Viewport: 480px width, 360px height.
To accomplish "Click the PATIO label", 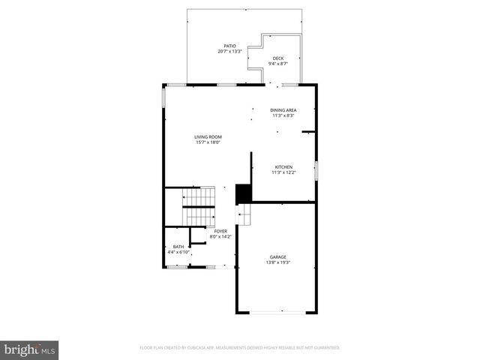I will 229,46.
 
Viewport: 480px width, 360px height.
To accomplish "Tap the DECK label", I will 277,58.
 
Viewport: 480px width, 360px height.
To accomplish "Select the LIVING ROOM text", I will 208,136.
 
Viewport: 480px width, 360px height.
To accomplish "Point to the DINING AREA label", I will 283,110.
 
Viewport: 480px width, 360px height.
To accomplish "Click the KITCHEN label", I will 283,166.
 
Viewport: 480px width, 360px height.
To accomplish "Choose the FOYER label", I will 220,231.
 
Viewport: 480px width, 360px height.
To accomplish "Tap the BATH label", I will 178,247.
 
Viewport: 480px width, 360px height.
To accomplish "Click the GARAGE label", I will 277,256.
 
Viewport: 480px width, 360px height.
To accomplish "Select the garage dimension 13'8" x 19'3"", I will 277,262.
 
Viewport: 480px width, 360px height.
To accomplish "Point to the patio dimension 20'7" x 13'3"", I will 229,52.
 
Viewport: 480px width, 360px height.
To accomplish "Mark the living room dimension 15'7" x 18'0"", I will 208,142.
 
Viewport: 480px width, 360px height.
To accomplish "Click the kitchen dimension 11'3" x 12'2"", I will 283,172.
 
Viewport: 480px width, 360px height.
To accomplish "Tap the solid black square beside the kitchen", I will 243,193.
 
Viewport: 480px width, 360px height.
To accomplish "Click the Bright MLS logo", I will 30,349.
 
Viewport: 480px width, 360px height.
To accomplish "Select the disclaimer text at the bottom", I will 240,348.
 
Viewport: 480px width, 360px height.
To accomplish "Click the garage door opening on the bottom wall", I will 277,312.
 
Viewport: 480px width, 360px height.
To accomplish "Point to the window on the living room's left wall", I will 163,100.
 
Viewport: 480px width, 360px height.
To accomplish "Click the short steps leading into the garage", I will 243,214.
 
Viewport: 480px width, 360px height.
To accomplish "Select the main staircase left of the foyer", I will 199,206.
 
